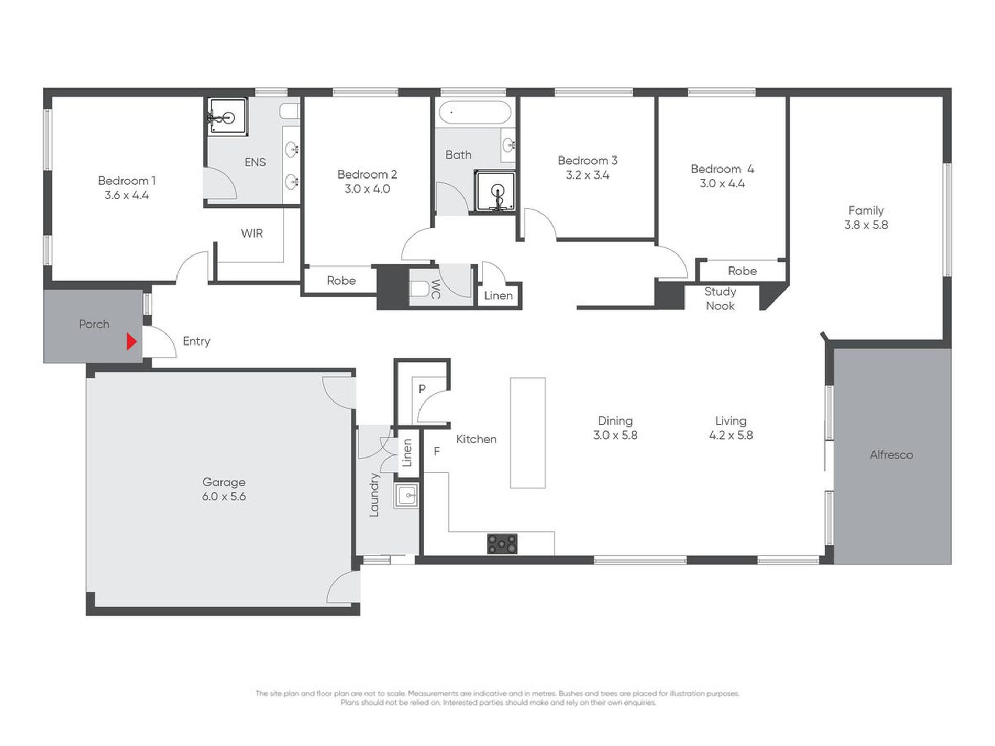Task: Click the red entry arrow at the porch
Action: [131, 342]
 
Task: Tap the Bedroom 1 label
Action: [127, 181]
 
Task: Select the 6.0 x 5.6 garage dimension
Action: [224, 496]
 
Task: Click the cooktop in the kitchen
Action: [502, 543]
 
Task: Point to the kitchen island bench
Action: [527, 433]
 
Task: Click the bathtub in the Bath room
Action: [474, 113]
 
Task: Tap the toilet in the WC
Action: [419, 288]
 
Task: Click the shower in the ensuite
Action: [227, 116]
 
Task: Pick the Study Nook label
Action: [720, 298]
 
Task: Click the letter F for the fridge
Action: [437, 451]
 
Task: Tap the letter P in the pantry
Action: [422, 388]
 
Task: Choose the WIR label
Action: [252, 233]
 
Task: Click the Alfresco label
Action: [891, 454]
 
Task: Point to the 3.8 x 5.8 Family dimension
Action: [866, 225]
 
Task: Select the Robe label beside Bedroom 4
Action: [742, 271]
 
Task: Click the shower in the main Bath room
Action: [495, 191]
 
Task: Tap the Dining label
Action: [615, 420]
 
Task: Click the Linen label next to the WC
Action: [498, 296]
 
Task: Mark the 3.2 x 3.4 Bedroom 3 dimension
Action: [588, 175]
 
